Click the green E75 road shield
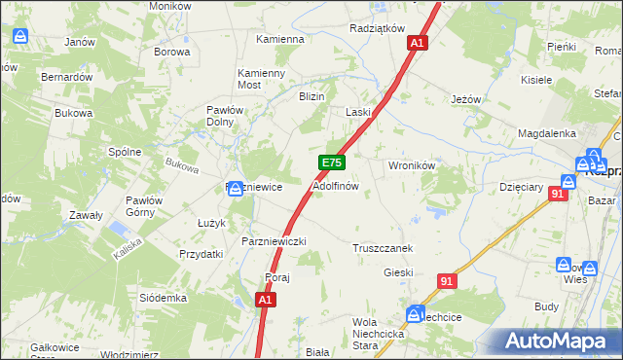point(331,163)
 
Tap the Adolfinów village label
point(336,185)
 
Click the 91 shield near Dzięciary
point(558,195)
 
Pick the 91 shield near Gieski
point(446,281)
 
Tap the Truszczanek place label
point(384,248)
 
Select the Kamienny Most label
point(262,79)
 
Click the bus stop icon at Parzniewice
point(236,188)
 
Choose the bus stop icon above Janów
point(21,37)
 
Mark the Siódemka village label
point(163,298)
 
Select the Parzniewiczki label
point(274,240)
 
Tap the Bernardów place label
point(66,76)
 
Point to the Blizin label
point(311,96)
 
